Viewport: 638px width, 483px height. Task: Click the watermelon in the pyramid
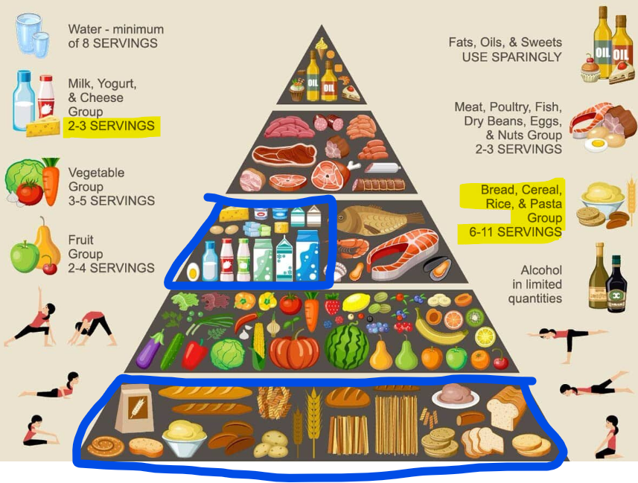pos(347,345)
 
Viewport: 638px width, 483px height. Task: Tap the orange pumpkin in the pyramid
pos(294,349)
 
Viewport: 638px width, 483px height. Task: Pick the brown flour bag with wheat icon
pos(134,409)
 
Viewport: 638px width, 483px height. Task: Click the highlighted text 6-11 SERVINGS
pos(511,232)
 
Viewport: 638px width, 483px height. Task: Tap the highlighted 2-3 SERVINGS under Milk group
pos(111,126)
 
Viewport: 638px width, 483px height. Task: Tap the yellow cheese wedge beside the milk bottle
pos(43,127)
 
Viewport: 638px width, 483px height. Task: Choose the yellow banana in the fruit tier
pos(430,327)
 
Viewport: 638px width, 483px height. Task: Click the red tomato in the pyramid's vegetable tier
pos(290,304)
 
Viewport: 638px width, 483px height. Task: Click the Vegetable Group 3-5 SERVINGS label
pos(111,186)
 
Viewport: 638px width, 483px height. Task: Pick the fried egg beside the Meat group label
pos(596,144)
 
